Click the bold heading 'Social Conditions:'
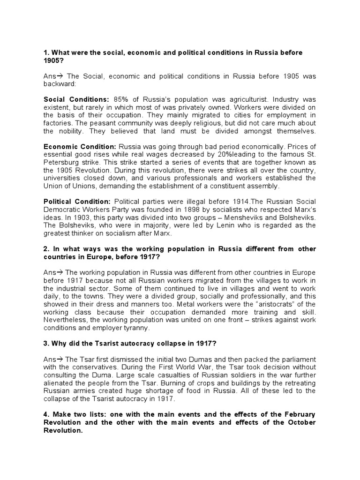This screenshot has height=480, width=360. [x=76, y=99]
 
